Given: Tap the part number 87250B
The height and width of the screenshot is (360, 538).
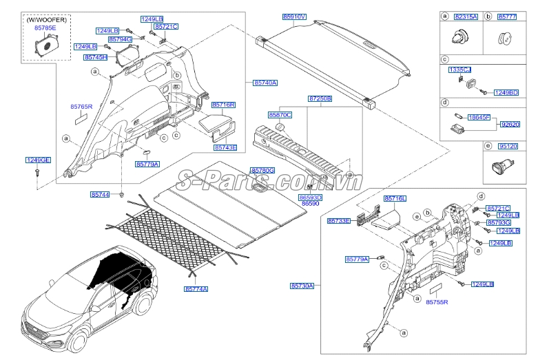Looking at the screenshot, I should tap(319, 99).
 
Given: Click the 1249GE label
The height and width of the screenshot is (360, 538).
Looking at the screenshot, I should tap(39, 160).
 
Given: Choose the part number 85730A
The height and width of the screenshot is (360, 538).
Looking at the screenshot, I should tap(302, 285).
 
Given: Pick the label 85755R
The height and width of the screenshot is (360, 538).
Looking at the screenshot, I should tap(437, 302).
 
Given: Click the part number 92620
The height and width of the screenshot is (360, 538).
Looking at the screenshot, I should tap(510, 123).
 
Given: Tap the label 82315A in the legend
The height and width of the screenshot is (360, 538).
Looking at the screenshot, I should tap(465, 15).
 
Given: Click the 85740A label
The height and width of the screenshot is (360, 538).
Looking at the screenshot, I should tap(265, 83).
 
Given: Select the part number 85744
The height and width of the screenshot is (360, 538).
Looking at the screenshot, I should tap(99, 195).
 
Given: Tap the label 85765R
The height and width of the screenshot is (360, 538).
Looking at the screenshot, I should tap(81, 107).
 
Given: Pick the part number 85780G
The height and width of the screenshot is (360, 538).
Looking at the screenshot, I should tap(262, 170).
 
